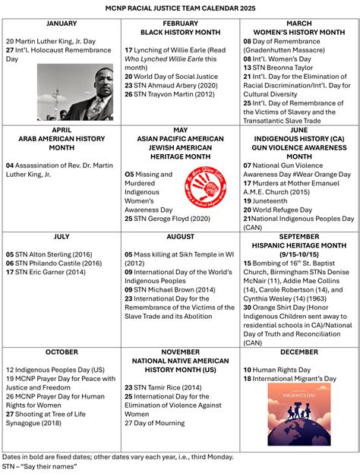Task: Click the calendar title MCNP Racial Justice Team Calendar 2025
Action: click(x=180, y=7)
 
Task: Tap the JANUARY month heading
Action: click(x=62, y=24)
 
